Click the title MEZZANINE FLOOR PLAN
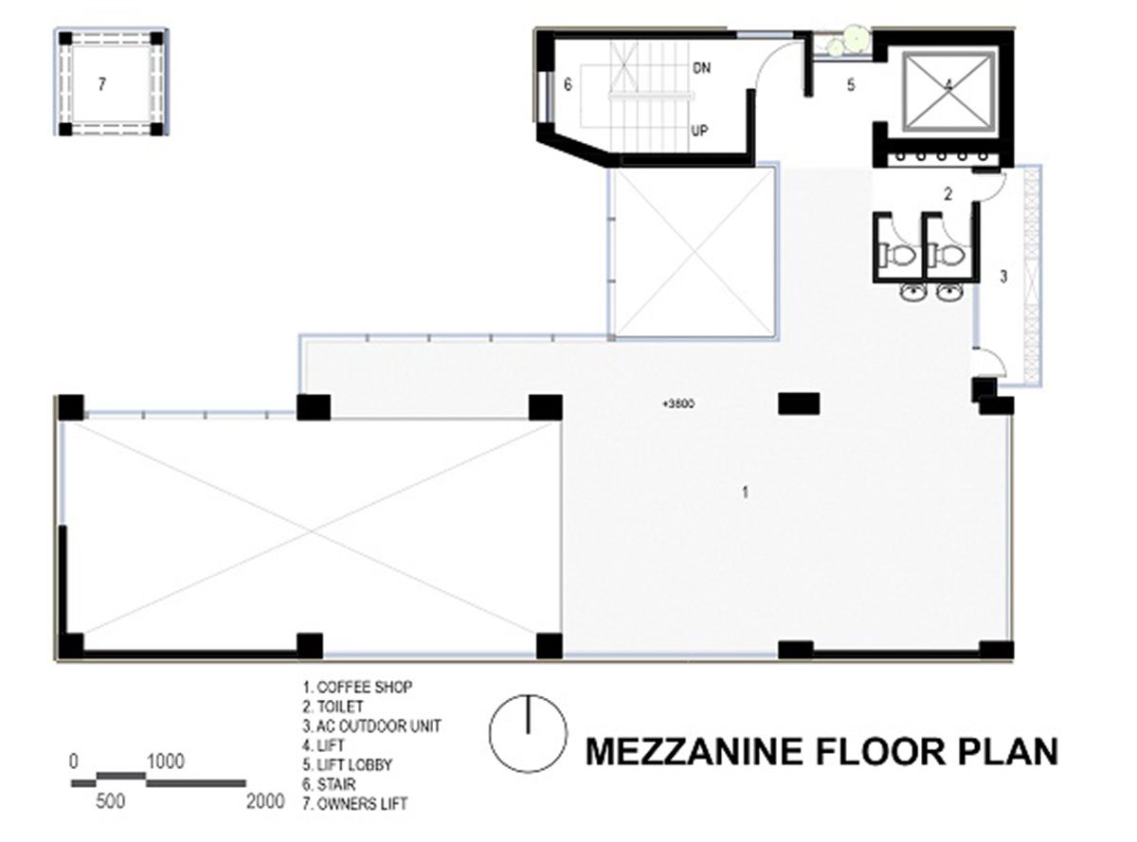click(x=821, y=752)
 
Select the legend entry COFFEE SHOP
click(x=357, y=687)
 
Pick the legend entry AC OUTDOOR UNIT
click(x=371, y=726)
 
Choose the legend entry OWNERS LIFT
click(x=354, y=803)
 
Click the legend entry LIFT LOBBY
click(x=347, y=764)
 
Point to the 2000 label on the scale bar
click(x=265, y=801)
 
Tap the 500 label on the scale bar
click(x=110, y=801)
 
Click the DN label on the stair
click(x=702, y=67)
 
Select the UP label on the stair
click(x=700, y=132)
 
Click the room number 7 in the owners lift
click(x=102, y=84)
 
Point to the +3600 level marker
click(x=678, y=404)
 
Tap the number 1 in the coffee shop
click(x=745, y=493)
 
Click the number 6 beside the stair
click(x=568, y=84)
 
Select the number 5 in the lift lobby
click(x=851, y=85)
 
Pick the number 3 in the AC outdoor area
click(x=1003, y=277)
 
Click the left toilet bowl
click(x=898, y=255)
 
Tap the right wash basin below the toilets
click(x=951, y=293)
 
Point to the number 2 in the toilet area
click(x=948, y=194)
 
